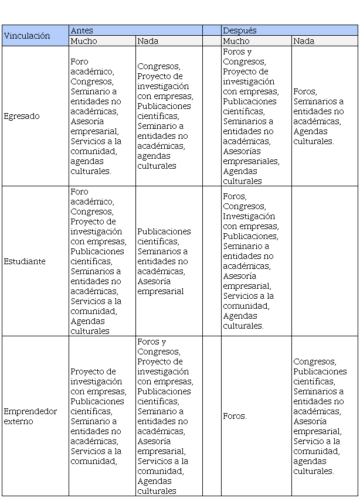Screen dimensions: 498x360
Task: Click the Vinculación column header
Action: click(27, 36)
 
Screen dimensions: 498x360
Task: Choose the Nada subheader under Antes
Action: click(148, 41)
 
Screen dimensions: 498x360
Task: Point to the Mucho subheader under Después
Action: click(236, 41)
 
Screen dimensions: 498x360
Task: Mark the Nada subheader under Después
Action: click(304, 41)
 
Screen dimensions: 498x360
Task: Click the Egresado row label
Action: click(22, 116)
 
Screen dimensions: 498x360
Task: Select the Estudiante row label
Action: click(24, 261)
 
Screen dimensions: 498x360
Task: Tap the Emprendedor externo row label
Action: click(30, 416)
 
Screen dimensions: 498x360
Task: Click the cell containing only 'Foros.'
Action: click(235, 416)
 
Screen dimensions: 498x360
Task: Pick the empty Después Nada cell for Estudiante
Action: click(324, 261)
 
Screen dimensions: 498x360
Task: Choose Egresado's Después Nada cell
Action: click(324, 116)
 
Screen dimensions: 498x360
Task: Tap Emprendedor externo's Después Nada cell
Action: click(324, 416)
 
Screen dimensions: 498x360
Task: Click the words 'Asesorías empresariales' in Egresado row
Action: click(251, 156)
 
